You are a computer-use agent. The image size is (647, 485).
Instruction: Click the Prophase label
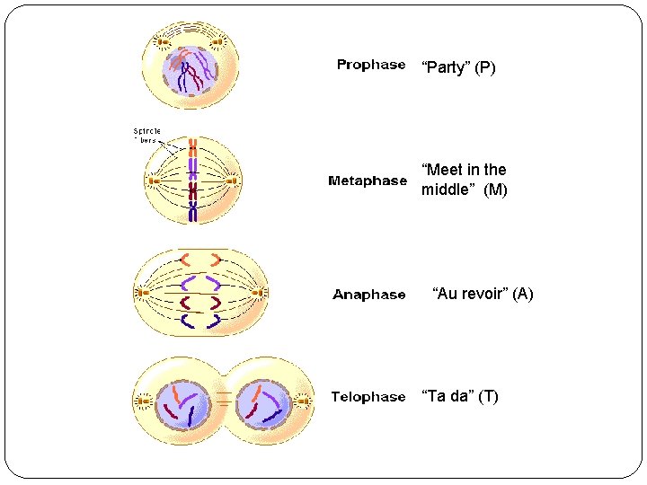tap(370, 65)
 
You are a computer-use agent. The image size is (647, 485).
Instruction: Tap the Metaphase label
tap(368, 181)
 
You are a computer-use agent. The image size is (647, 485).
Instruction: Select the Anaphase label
tap(368, 295)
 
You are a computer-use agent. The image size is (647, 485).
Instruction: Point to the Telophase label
tap(368, 396)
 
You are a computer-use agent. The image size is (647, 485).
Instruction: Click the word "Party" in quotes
tap(446, 67)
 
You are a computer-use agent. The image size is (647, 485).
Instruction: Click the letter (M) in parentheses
tap(495, 190)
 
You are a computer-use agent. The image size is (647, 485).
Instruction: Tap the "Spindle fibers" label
tap(146, 135)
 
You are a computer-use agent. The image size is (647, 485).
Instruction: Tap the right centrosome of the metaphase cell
tap(232, 181)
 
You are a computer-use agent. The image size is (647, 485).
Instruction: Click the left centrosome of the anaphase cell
tap(141, 292)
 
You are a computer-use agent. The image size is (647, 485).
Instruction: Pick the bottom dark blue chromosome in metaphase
tap(192, 211)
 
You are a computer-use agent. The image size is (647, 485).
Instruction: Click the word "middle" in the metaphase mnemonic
tap(446, 190)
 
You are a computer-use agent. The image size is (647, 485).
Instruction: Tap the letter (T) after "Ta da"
tap(488, 396)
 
